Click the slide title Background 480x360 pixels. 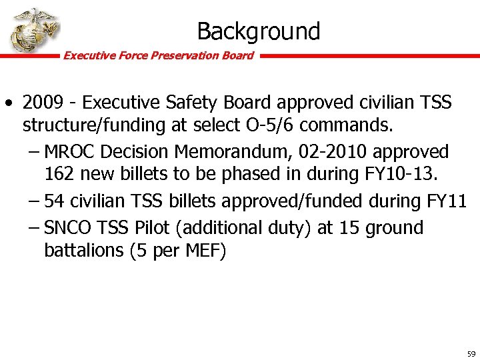258,31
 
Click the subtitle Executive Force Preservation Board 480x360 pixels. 158,56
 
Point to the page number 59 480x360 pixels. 471,354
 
